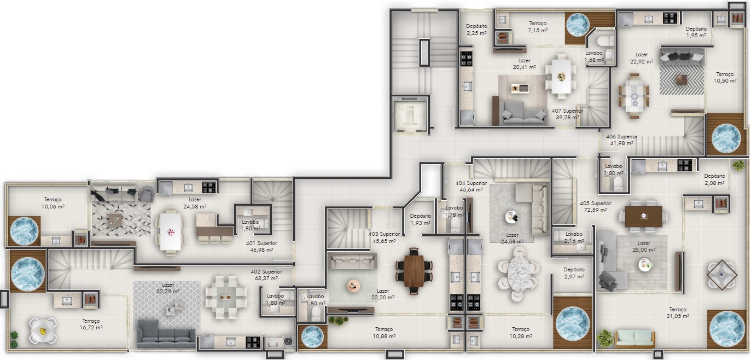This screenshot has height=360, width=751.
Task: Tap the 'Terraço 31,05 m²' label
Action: [x=678, y=313]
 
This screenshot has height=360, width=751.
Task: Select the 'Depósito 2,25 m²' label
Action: [x=476, y=30]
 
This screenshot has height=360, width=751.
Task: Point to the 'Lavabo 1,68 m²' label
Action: [x=594, y=57]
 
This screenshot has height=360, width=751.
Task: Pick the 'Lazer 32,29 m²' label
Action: [x=168, y=288]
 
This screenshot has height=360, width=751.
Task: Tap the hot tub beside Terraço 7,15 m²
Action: [x=577, y=25]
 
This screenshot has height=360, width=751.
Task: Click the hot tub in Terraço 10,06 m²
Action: [x=24, y=231]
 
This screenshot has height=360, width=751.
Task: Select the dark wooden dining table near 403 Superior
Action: [x=414, y=271]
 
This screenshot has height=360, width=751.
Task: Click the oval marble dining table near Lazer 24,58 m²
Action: [x=518, y=274]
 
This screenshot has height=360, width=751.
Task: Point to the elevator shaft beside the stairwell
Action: [x=410, y=115]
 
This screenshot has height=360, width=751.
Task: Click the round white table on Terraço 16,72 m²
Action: [x=42, y=331]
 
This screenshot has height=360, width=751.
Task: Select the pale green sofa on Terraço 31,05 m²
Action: [x=634, y=339]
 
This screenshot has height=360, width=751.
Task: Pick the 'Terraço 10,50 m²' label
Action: [x=725, y=78]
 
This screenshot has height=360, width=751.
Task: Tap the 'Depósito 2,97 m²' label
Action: [x=574, y=273]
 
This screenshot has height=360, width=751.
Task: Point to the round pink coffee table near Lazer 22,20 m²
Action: [x=353, y=286]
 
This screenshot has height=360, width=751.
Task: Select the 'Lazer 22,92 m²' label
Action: [x=642, y=58]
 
